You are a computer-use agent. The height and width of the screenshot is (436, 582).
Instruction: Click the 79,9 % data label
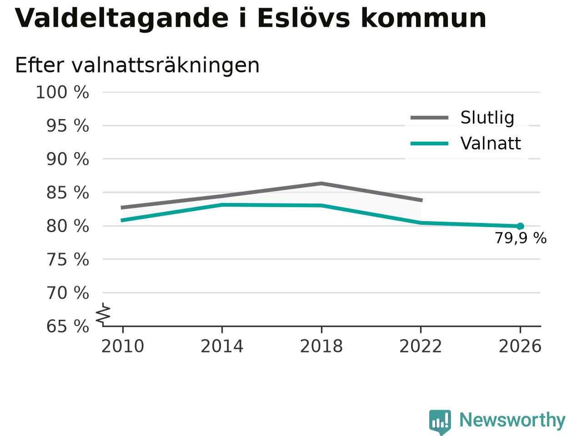[521, 238]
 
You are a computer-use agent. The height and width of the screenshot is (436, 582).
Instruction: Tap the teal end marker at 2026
[520, 226]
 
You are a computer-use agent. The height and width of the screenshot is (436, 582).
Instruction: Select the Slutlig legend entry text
[487, 117]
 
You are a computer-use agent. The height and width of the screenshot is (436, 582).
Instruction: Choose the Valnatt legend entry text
[491, 144]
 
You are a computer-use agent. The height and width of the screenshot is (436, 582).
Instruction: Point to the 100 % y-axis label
[62, 92]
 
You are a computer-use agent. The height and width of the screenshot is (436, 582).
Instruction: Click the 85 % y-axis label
[68, 193]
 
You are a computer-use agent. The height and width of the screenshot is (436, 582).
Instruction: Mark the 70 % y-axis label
[68, 293]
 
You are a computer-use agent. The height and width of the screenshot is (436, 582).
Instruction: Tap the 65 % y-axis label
[68, 326]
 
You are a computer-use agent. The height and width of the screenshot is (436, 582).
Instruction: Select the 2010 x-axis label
[122, 346]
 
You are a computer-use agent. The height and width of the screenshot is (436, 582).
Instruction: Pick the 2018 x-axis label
[321, 346]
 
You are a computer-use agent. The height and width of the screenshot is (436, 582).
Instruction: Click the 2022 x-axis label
[421, 346]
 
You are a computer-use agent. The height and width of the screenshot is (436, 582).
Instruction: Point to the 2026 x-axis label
[520, 346]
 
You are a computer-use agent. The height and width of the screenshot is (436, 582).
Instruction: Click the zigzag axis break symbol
[103, 314]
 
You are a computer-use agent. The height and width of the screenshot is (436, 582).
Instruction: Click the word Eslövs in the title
[304, 18]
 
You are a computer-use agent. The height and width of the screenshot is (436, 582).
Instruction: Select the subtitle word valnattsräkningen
[166, 66]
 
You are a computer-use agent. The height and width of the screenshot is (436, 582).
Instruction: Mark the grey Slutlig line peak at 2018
[321, 183]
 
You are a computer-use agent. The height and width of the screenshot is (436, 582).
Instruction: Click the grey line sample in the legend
[429, 118]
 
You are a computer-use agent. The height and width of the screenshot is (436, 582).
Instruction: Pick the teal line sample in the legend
[429, 144]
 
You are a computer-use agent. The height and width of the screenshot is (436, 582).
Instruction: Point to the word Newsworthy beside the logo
[512, 420]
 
